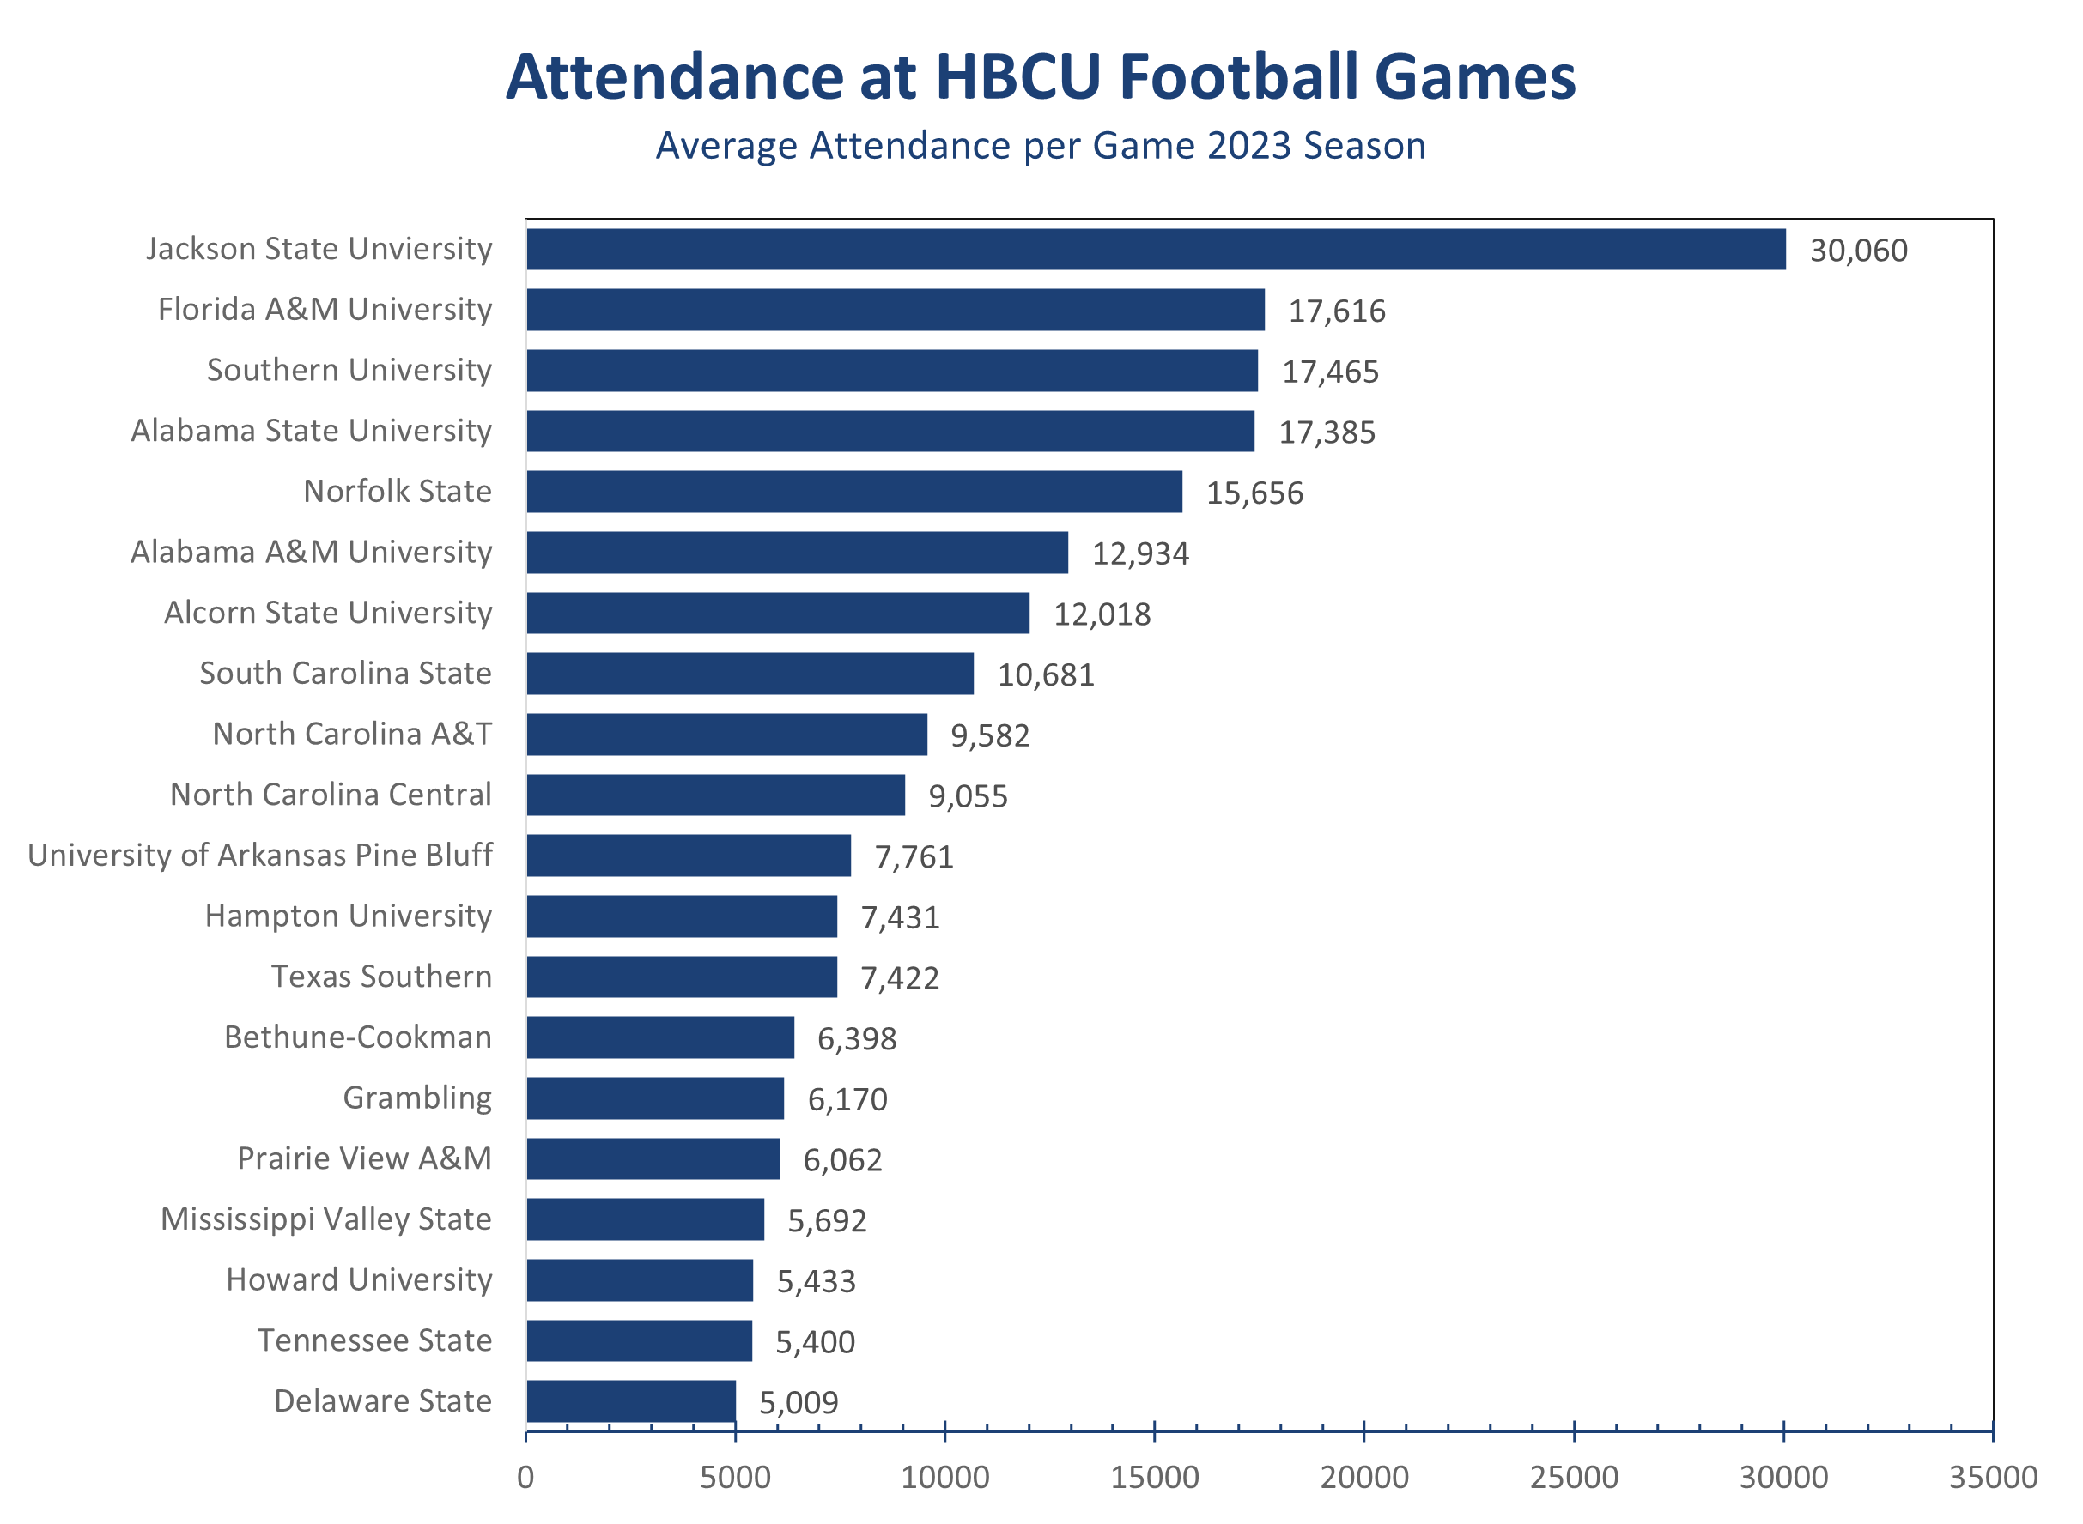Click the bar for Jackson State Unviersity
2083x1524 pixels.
click(1156, 249)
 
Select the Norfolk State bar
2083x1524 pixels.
click(853, 492)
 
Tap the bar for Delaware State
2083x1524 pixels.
click(630, 1401)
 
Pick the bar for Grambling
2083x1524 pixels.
click(654, 1098)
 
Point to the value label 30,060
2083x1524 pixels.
click(1858, 251)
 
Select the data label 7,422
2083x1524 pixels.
click(900, 978)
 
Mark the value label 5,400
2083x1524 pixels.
click(815, 1342)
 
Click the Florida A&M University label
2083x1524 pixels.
click(325, 309)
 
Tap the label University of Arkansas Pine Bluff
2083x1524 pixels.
click(260, 856)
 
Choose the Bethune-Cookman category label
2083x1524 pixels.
click(358, 1037)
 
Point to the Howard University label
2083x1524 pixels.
click(359, 1279)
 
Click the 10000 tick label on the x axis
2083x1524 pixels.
click(944, 1478)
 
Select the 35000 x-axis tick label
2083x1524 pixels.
click(1993, 1478)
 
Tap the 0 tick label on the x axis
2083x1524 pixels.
click(525, 1478)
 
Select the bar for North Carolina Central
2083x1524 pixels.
click(715, 795)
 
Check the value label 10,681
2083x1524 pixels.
click(1046, 675)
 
